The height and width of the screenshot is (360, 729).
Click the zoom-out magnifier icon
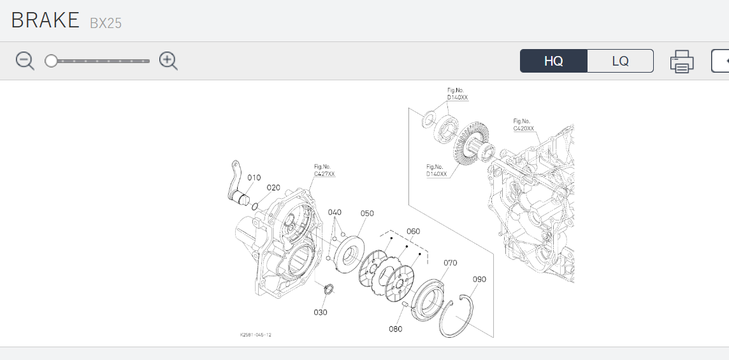tap(25, 61)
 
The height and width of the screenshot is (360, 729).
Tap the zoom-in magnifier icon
tap(168, 61)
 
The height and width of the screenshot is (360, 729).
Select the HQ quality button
tap(553, 61)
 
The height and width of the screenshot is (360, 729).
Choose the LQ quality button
tap(620, 61)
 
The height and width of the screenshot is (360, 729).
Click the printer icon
tap(681, 62)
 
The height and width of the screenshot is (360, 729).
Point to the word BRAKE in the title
tap(44, 20)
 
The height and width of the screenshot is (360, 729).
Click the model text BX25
tap(106, 24)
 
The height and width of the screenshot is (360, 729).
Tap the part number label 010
tap(254, 178)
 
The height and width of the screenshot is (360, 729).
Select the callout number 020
tap(273, 187)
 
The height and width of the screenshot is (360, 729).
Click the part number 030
tap(320, 312)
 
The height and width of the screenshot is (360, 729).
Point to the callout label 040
tap(335, 212)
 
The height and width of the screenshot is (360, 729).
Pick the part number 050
tap(367, 213)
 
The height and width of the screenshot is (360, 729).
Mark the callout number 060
tap(413, 231)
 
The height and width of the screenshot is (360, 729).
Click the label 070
tap(451, 263)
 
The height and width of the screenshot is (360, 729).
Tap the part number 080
tap(395, 329)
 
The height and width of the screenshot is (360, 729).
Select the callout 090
tap(479, 279)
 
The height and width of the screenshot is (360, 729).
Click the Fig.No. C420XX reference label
tap(524, 124)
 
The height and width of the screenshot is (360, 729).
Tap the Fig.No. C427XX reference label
tap(324, 169)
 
